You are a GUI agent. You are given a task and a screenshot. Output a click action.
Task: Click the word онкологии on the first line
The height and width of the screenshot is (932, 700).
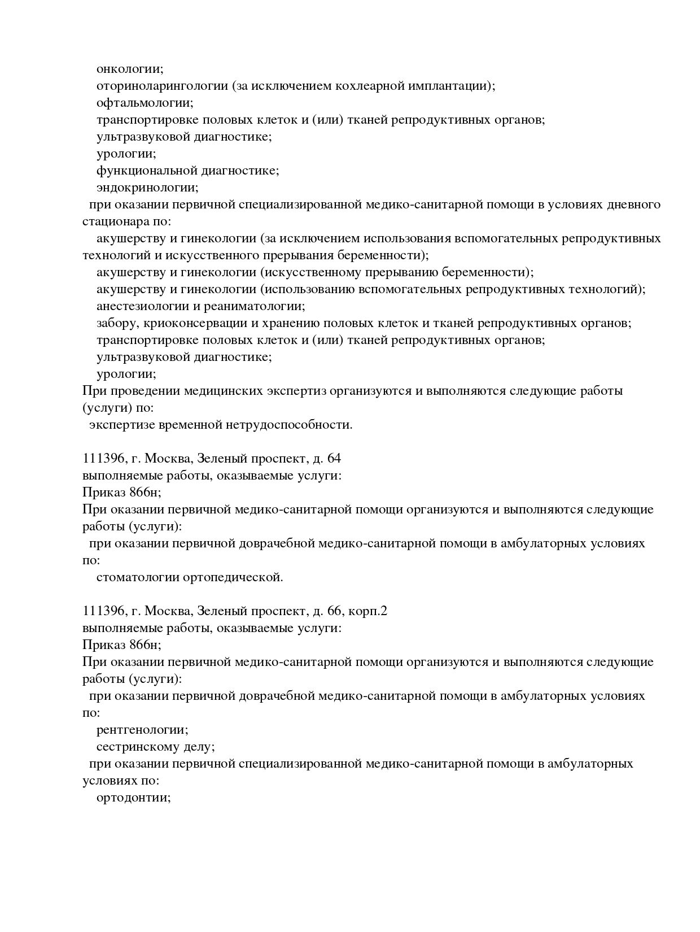click(x=129, y=69)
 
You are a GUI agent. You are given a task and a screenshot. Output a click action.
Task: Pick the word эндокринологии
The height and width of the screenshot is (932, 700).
click(x=147, y=188)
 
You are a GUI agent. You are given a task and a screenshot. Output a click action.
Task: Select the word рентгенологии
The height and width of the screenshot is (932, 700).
click(x=142, y=730)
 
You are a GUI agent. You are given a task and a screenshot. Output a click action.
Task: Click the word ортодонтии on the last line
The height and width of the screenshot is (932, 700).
click(x=133, y=798)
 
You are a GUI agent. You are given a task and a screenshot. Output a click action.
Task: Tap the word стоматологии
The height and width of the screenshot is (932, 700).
click(x=138, y=577)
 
